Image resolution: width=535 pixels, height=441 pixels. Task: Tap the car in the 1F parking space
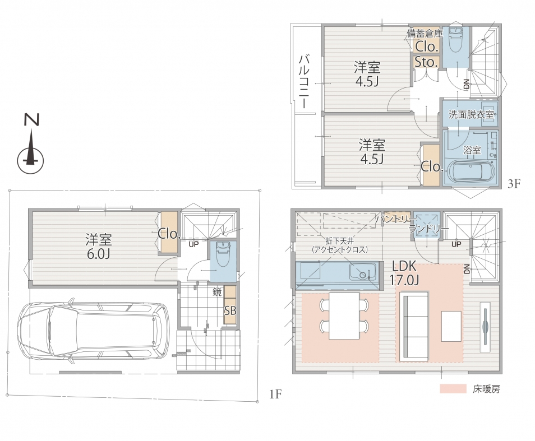(x=93, y=330)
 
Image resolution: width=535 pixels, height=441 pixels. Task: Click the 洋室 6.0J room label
(x=98, y=246)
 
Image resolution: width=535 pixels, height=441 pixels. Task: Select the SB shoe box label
(x=230, y=311)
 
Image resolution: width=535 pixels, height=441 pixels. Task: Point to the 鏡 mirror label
(x=217, y=292)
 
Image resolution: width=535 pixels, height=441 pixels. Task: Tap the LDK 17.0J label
(x=404, y=273)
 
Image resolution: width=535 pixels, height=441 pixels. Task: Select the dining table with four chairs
(x=344, y=315)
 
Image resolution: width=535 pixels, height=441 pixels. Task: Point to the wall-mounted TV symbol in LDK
(x=485, y=327)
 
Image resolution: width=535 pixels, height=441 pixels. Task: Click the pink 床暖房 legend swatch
(x=453, y=388)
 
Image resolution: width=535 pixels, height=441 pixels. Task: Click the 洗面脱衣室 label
(x=471, y=114)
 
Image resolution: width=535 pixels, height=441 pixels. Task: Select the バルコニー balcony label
(x=305, y=82)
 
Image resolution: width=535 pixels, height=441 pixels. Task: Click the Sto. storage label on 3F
(x=426, y=62)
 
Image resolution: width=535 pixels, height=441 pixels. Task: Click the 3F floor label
(x=514, y=184)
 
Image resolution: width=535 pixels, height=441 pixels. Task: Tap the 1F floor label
(x=275, y=394)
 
